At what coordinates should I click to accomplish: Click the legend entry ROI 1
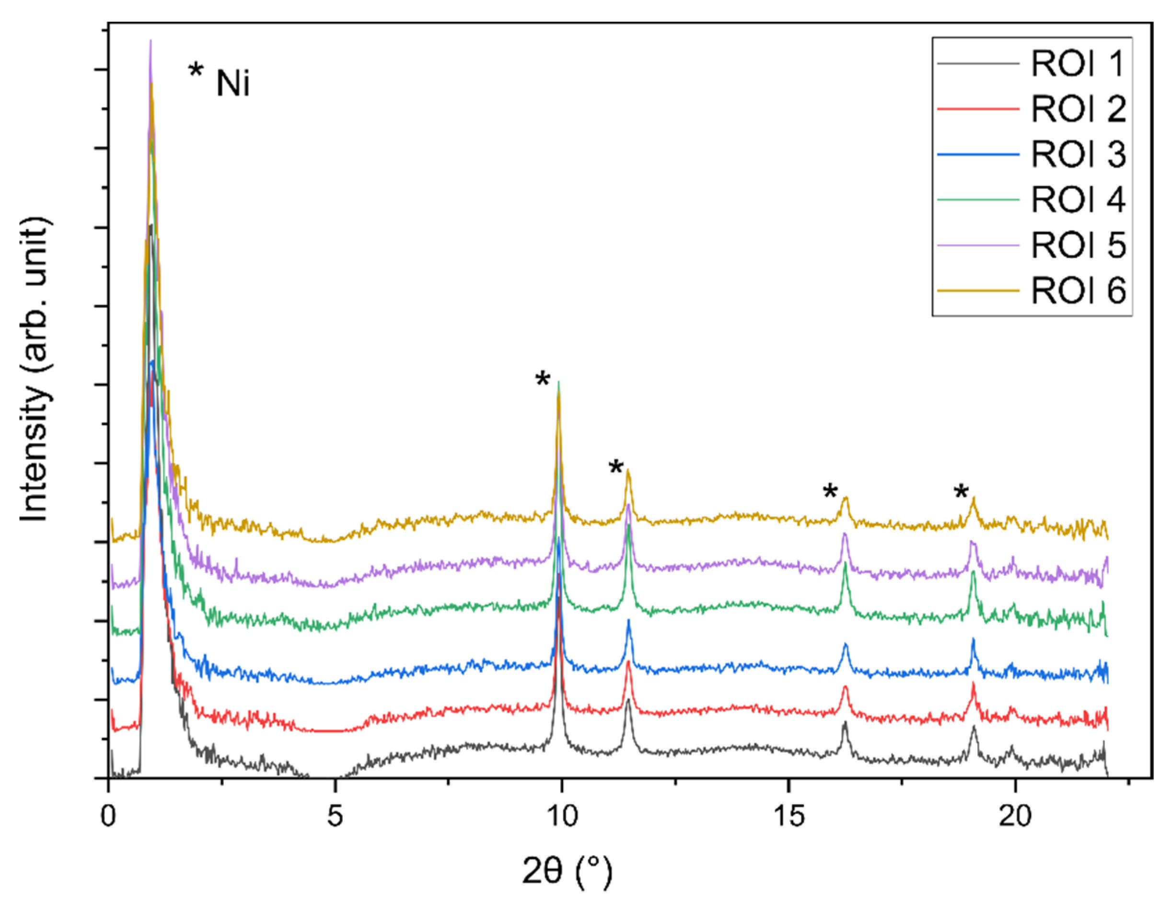pyautogui.click(x=1078, y=64)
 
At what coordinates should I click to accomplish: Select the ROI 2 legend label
pyautogui.click(x=1078, y=109)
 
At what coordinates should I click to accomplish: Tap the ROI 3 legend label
pyautogui.click(x=1078, y=154)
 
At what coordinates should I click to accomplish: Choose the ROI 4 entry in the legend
pyautogui.click(x=1078, y=200)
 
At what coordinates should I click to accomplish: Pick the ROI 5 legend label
pyautogui.click(x=1078, y=245)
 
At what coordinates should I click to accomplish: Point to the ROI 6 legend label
pyautogui.click(x=1078, y=291)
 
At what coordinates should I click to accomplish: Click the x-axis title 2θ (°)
pyautogui.click(x=567, y=872)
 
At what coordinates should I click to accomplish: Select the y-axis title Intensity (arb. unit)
pyautogui.click(x=35, y=370)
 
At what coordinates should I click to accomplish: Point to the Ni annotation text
pyautogui.click(x=232, y=84)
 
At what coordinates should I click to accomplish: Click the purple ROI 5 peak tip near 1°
pyautogui.click(x=151, y=41)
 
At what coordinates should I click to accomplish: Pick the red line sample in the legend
pyautogui.click(x=978, y=109)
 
